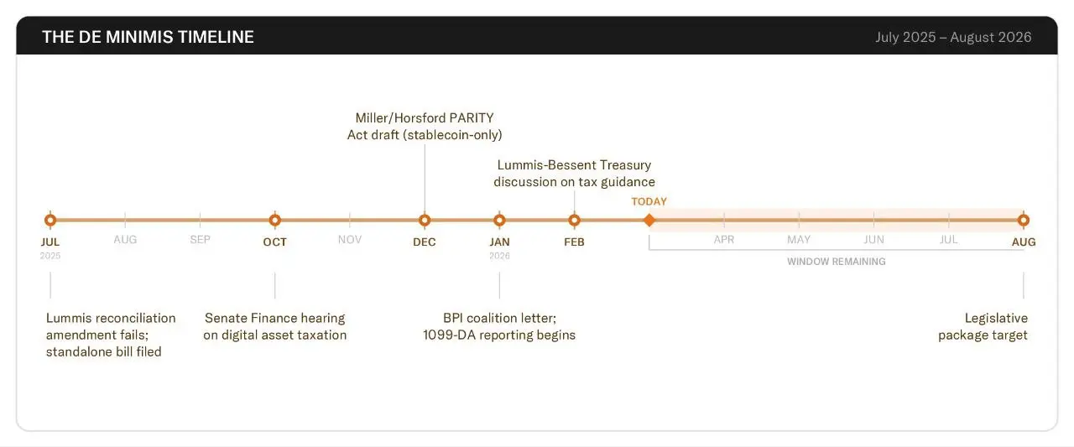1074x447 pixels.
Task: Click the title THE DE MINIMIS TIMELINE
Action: click(148, 37)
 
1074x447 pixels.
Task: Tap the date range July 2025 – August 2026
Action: click(953, 37)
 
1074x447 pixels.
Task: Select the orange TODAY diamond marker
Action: click(649, 221)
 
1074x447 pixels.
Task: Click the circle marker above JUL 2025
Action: click(50, 221)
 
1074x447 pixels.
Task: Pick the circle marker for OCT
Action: click(274, 221)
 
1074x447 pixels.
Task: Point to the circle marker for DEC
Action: click(425, 221)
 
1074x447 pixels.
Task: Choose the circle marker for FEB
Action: click(574, 221)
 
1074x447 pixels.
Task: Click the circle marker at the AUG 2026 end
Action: click(1023, 221)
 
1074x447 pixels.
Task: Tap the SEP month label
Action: click(200, 240)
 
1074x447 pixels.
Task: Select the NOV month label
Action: click(350, 240)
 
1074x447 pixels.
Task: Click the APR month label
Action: click(724, 240)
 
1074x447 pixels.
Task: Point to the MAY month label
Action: click(799, 240)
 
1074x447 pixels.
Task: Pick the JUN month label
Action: click(873, 240)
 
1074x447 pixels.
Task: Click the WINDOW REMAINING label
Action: click(836, 262)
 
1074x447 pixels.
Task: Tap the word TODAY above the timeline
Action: click(649, 201)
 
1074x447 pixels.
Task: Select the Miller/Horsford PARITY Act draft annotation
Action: click(425, 126)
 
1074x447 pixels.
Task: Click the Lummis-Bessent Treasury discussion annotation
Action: click(574, 174)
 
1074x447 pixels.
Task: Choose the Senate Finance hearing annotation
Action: click(274, 326)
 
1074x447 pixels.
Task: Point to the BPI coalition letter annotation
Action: click(499, 326)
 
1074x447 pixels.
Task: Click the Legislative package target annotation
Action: click(983, 326)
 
